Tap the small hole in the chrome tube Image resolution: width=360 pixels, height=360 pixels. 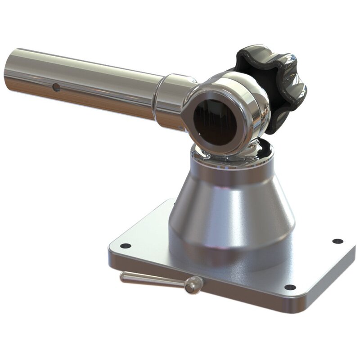[56, 87]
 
